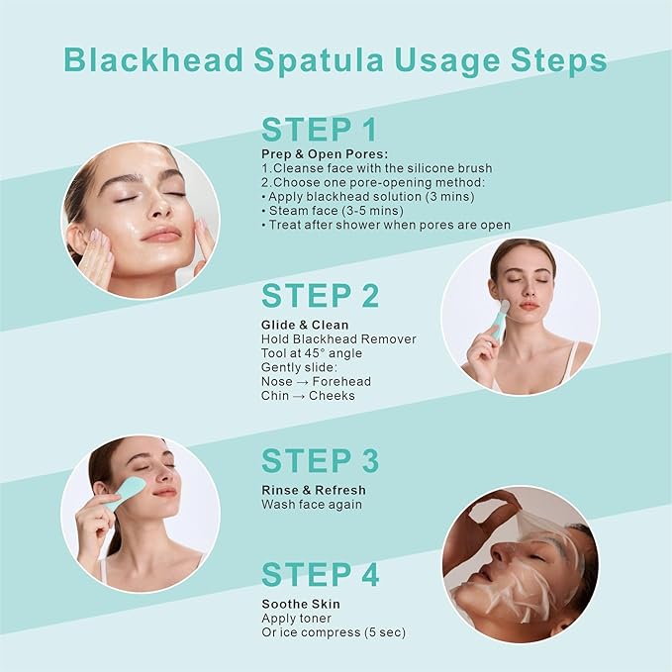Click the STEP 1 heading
click(320, 130)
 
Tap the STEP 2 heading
click(320, 296)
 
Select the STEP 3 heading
click(320, 461)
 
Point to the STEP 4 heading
click(320, 574)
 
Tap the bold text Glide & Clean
click(305, 325)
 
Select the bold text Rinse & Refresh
click(313, 490)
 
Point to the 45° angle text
click(327, 353)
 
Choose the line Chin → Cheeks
click(308, 396)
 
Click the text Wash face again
click(312, 505)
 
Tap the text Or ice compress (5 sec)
click(334, 632)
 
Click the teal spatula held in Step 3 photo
click(126, 493)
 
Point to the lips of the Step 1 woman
click(161, 235)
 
